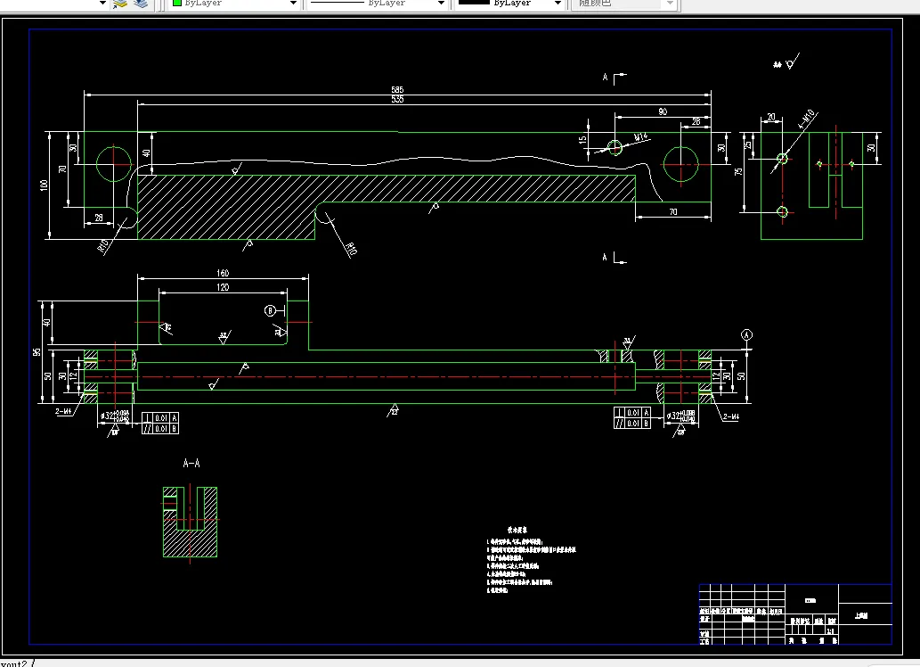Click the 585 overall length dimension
point(397,90)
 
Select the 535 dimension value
point(397,100)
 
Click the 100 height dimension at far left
point(44,185)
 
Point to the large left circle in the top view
point(114,163)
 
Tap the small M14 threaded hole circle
point(615,146)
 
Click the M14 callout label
point(639,136)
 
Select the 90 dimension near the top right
point(663,112)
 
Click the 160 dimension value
point(223,273)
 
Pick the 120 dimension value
point(223,287)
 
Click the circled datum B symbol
point(270,310)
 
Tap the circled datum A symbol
point(746,334)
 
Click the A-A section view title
point(191,464)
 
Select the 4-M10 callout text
point(809,119)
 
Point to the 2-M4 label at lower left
point(64,412)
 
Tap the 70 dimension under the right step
point(672,211)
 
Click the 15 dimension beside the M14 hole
point(582,141)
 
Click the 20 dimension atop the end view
point(770,117)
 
